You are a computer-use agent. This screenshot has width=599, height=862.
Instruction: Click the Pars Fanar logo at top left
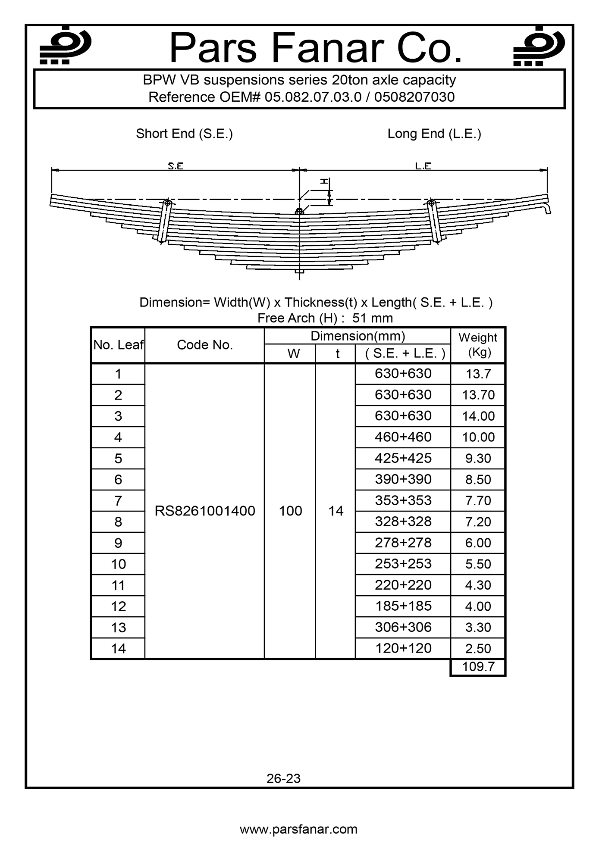click(x=65, y=46)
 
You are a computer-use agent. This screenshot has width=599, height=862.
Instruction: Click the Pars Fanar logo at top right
click(x=539, y=46)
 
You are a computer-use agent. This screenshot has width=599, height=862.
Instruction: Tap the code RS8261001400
click(x=205, y=511)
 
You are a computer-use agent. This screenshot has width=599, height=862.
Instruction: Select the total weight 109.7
click(x=478, y=667)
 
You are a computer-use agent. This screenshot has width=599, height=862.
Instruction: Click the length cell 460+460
click(x=403, y=437)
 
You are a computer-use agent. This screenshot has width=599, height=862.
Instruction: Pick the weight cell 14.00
click(x=478, y=416)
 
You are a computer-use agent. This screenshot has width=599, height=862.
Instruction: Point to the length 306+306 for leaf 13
click(x=403, y=627)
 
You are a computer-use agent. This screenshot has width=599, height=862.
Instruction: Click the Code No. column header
click(x=205, y=345)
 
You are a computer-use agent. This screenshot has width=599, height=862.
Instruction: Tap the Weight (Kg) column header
click(x=478, y=345)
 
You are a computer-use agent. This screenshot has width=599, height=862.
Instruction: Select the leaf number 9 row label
click(x=118, y=543)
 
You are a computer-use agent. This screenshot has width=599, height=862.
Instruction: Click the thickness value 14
click(x=336, y=511)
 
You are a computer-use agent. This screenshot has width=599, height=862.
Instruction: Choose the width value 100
click(x=290, y=511)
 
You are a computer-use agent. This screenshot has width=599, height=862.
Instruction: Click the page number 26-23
click(x=283, y=778)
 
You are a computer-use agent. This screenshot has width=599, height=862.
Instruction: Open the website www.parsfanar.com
click(x=298, y=829)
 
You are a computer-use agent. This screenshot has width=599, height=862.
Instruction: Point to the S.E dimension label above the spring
click(x=176, y=166)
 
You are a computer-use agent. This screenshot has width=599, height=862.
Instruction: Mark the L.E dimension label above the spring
click(x=423, y=166)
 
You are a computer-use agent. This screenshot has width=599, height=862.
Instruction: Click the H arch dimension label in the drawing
click(x=324, y=182)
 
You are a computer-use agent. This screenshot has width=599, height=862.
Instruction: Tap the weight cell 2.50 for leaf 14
click(x=478, y=649)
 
